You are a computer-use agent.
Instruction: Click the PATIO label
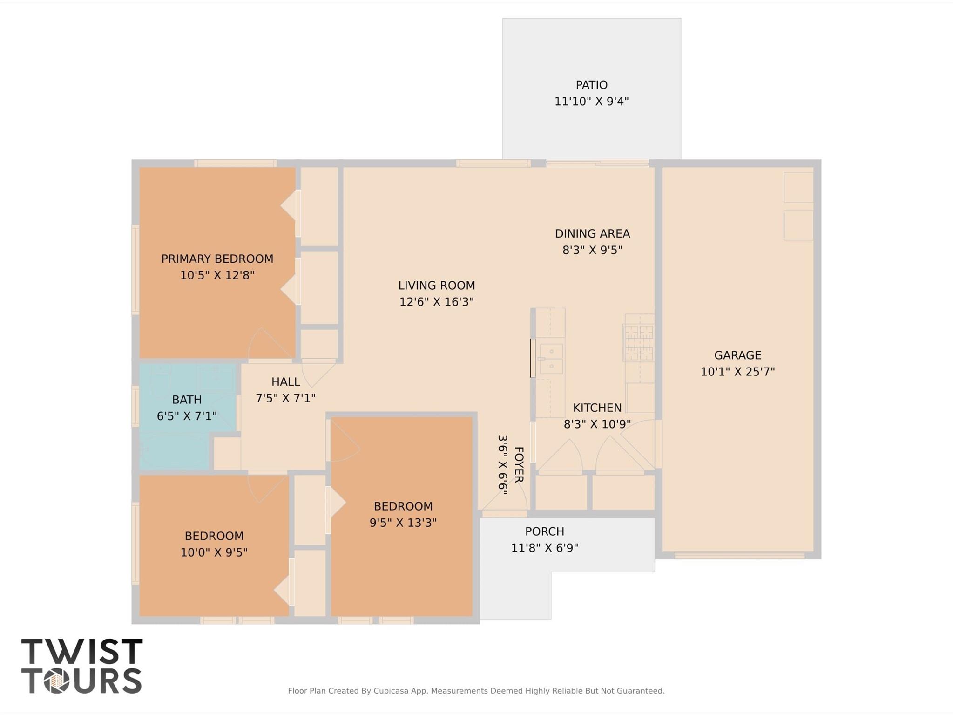click(x=591, y=85)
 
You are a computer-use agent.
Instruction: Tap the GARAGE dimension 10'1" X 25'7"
click(x=737, y=372)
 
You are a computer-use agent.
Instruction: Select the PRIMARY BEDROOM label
click(x=217, y=259)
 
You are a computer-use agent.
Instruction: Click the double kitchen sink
click(x=551, y=359)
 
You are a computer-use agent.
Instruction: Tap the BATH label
click(x=187, y=400)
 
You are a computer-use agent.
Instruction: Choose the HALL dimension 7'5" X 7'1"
click(x=285, y=398)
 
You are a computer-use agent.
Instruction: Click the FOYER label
click(x=519, y=464)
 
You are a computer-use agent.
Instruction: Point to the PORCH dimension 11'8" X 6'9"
click(x=544, y=548)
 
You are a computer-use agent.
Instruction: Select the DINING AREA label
click(x=592, y=233)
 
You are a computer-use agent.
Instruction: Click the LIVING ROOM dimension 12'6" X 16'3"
click(x=436, y=302)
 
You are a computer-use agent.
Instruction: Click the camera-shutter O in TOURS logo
click(x=57, y=681)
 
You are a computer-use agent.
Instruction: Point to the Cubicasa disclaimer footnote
click(x=476, y=691)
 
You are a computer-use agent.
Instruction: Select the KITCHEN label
click(x=597, y=408)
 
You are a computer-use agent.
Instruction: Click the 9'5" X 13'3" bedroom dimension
click(x=403, y=523)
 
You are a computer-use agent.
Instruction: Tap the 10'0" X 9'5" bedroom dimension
click(x=214, y=552)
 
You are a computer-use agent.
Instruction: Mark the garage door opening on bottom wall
click(x=739, y=555)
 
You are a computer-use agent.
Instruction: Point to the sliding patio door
click(x=597, y=163)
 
